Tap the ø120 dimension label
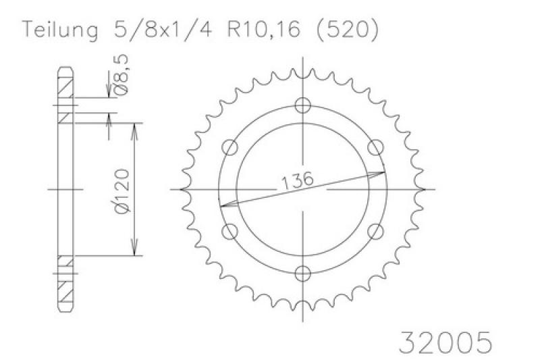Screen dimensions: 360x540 click(122, 190)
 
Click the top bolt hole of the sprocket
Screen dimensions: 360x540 click(303, 105)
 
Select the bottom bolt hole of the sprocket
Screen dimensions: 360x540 click(303, 274)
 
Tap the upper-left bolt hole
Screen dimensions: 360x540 click(231, 147)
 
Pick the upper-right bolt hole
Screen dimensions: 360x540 click(376, 147)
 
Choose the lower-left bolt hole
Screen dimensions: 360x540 click(231, 232)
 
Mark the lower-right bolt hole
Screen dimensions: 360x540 click(376, 232)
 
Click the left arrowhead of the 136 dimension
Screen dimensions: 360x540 click(225, 203)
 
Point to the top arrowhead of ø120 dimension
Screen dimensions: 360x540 click(137, 128)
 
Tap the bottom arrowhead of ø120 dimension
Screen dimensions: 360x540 click(137, 251)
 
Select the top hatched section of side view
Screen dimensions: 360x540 click(65, 88)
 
